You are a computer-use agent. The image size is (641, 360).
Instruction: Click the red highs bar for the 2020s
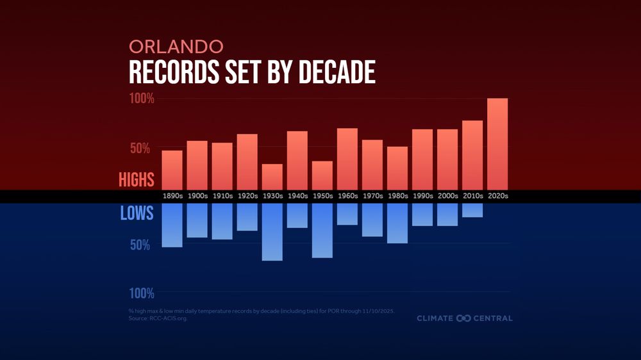point(497,144)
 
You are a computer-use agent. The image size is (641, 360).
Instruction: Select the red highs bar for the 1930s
point(272,177)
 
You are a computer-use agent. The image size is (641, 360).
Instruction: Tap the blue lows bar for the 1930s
point(272,232)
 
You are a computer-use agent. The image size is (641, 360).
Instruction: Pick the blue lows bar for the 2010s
point(472,210)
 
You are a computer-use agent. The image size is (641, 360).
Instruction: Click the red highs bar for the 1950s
point(322,176)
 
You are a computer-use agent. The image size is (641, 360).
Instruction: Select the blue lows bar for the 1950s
point(322,231)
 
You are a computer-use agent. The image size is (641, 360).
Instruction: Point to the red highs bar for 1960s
point(347,159)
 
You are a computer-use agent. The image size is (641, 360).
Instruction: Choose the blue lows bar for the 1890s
point(172,225)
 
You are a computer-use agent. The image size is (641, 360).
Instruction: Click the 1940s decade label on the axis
point(297,196)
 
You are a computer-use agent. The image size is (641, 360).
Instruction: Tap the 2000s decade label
point(447,196)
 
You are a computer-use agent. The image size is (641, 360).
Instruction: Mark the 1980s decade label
point(397,196)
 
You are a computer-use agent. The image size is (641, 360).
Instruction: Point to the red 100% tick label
point(142,99)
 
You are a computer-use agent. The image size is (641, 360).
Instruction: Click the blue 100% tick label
point(142,293)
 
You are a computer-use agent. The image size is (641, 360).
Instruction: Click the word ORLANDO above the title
point(176,47)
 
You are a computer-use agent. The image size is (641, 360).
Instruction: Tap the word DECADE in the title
point(337,73)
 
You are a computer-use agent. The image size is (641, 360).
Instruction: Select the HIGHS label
point(136,180)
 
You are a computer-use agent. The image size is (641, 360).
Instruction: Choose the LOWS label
point(137,213)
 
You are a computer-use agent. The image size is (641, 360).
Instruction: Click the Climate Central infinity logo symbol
point(463,318)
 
